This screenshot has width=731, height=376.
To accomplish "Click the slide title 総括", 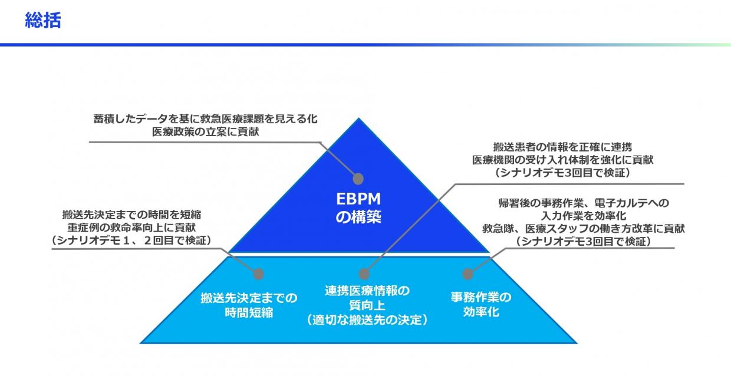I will (x=43, y=21).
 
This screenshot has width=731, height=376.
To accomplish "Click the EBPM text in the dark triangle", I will (x=358, y=199).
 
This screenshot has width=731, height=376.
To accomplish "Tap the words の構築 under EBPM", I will (x=358, y=217).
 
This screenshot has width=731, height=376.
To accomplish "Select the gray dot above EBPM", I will (x=358, y=179).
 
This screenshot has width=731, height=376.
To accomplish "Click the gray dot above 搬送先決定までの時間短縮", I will (x=258, y=273).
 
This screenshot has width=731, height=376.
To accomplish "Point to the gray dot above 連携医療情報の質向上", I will (x=364, y=273).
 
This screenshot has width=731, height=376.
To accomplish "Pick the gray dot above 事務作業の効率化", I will (x=467, y=273).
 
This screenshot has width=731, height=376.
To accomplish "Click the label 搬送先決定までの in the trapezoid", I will (x=249, y=297).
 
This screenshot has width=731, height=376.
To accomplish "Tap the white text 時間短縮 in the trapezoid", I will (x=249, y=312).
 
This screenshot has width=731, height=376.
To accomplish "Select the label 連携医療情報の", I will (x=367, y=291).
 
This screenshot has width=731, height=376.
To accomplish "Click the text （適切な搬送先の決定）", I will (x=367, y=320).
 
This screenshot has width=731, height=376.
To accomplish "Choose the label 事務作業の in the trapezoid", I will (x=481, y=297).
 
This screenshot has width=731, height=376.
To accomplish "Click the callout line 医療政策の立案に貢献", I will (x=205, y=132).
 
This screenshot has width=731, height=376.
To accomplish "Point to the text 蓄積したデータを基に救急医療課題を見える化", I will (x=205, y=118).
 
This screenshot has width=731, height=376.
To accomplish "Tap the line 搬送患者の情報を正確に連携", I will (x=562, y=147).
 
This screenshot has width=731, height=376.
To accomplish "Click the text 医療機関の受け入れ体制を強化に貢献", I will (x=562, y=160).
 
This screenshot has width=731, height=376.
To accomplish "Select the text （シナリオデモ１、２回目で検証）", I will (x=131, y=240).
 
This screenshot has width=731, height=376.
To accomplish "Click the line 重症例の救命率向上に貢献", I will (x=131, y=227).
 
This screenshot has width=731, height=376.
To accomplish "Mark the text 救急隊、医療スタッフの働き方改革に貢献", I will (x=584, y=229).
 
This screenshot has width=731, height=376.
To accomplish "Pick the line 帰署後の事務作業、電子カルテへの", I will (x=584, y=203).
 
